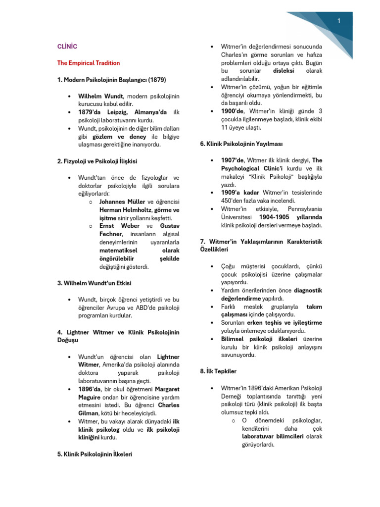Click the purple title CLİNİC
(67, 47)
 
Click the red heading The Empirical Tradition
(89, 63)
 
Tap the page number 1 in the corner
(339, 21)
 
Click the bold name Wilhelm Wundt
(100, 96)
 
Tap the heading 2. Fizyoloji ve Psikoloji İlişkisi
(97, 161)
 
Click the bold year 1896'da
(89, 389)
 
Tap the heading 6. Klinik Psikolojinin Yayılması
(241, 144)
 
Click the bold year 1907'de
(232, 160)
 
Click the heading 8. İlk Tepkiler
(218, 371)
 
